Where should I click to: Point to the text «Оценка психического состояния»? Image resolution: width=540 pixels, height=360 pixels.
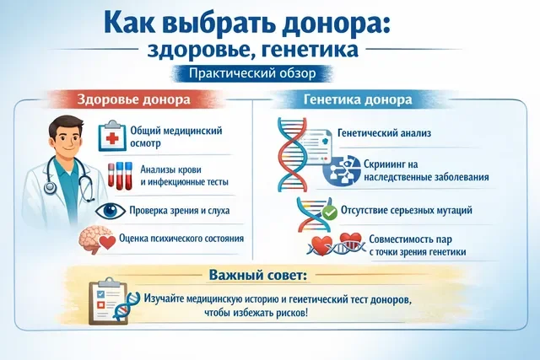182,238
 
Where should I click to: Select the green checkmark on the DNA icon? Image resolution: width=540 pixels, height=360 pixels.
330,210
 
